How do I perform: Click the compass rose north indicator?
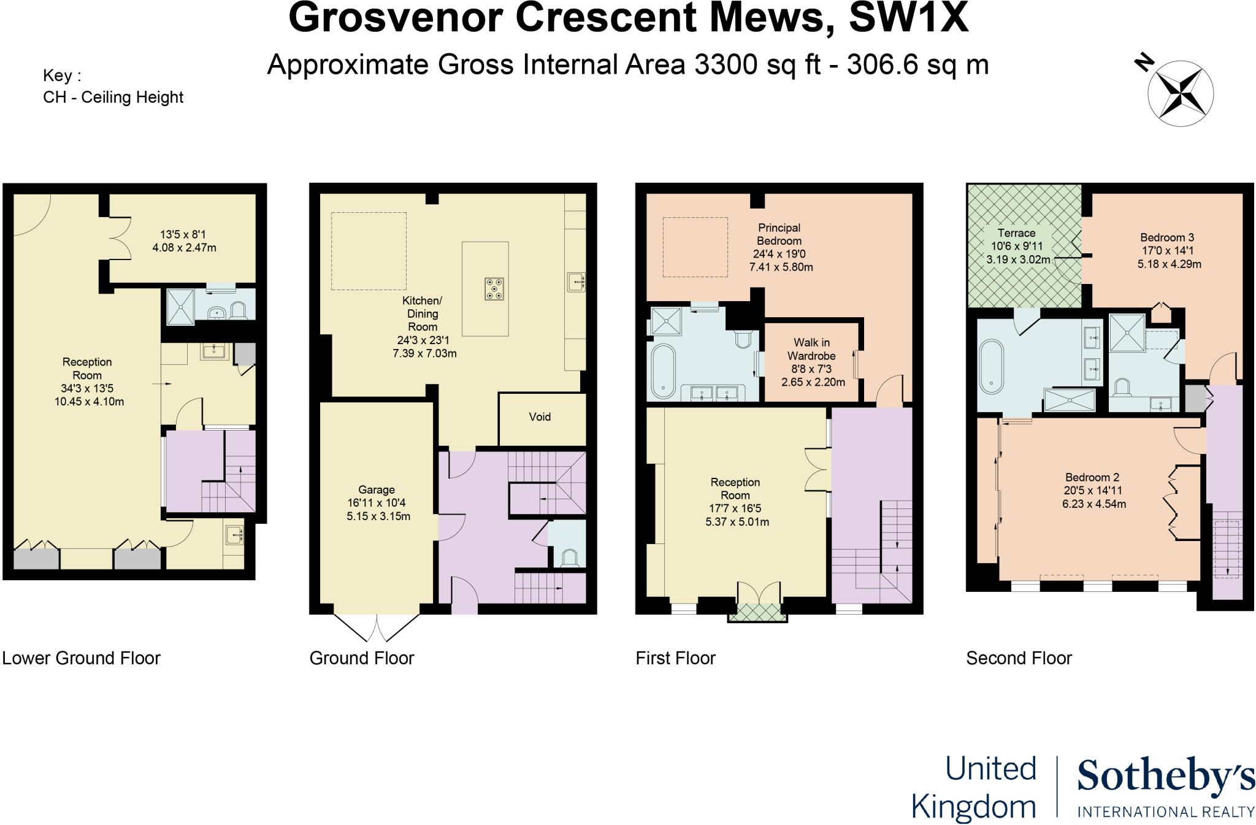tap(1144, 63)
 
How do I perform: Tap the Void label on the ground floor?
tap(540, 417)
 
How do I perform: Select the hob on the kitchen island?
tap(494, 289)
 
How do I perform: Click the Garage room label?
tap(377, 489)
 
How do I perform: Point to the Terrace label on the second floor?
tap(1016, 233)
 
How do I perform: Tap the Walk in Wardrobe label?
tap(811, 349)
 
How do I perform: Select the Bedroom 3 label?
tap(1166, 237)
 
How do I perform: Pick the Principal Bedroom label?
tap(779, 234)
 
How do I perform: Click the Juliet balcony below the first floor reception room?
tap(757, 613)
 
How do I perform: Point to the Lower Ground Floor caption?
tap(82, 658)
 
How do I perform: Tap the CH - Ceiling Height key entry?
tap(113, 98)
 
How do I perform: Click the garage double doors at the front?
tap(377, 626)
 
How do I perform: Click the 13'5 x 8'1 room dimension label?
tap(183, 234)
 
